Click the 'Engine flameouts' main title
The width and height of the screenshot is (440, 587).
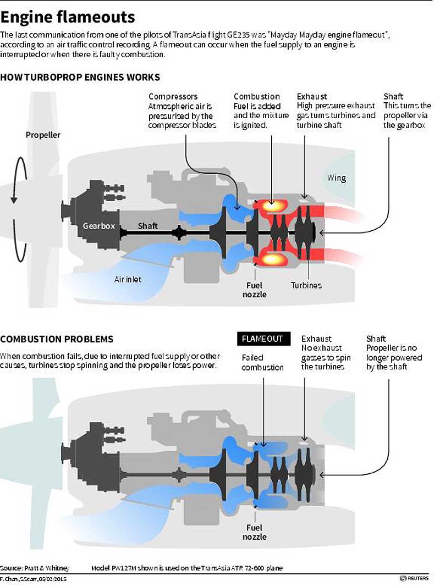(x=68, y=16)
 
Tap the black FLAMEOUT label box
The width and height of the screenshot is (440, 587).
(x=262, y=339)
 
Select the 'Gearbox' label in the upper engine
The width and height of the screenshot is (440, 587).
(x=99, y=225)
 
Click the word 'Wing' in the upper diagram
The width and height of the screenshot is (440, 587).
(x=337, y=178)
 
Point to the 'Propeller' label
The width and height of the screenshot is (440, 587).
(x=43, y=135)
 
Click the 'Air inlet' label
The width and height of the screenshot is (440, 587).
(x=128, y=279)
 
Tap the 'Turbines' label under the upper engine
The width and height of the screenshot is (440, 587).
(x=306, y=285)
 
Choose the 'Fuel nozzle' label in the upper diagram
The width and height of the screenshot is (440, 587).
(x=255, y=290)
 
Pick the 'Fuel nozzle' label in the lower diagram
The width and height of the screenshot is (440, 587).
(x=255, y=532)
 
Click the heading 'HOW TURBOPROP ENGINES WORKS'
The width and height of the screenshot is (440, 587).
(x=80, y=77)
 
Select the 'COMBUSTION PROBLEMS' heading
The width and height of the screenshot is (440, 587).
(x=57, y=339)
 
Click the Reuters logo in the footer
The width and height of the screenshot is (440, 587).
(x=417, y=579)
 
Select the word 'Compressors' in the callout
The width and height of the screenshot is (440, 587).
(x=173, y=96)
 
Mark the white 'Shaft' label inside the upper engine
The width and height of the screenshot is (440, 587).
(x=147, y=225)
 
